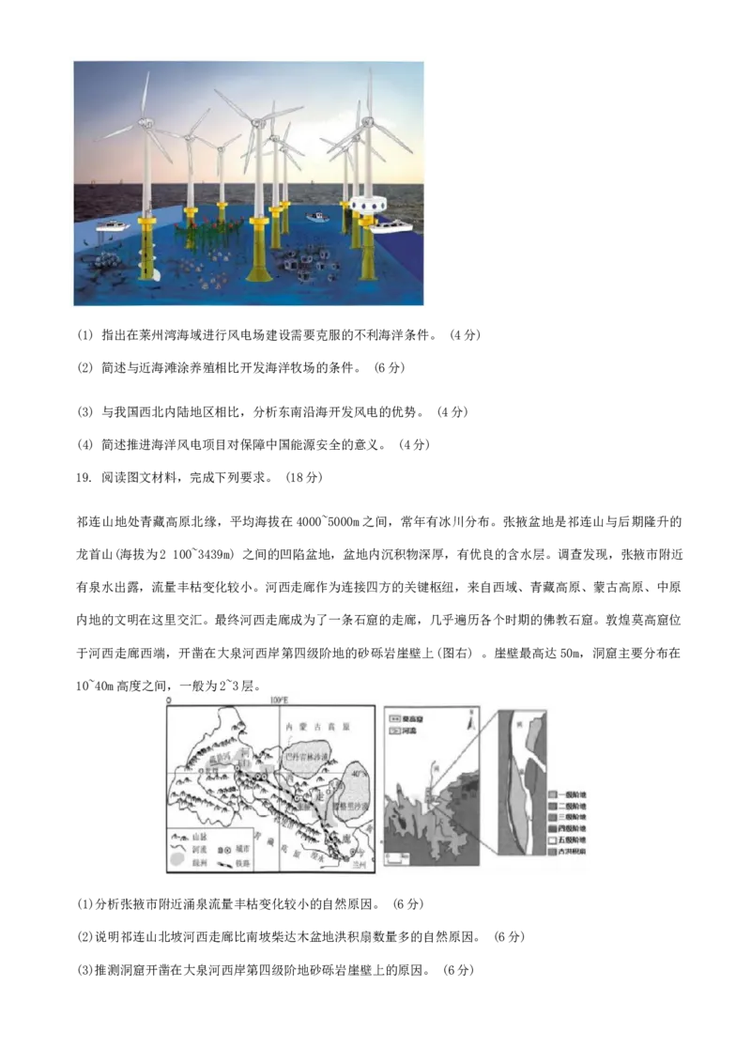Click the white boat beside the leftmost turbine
click(112, 226)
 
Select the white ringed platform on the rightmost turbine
click(368, 203)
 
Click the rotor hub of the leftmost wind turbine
click(145, 122)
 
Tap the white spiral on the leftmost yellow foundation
click(150, 272)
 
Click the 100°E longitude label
click(278, 701)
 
